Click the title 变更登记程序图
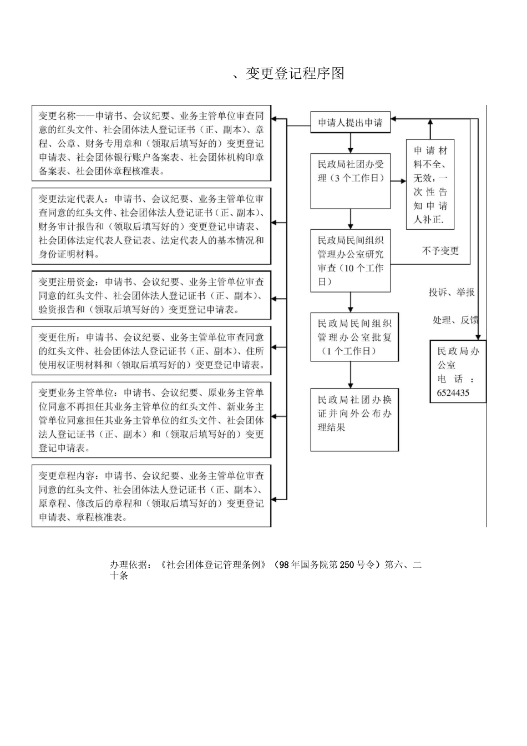pos(295,73)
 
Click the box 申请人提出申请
pos(350,123)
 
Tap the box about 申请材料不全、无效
pos(430,185)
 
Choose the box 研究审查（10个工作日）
pos(351,261)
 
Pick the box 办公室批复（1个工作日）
pos(354,337)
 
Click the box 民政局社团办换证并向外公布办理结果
pos(354,419)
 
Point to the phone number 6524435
pos(453,392)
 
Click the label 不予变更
pos(440,251)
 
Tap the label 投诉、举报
pos(451,292)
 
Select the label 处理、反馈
pos(455,320)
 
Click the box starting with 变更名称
pos(151,144)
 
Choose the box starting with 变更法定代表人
pos(151,226)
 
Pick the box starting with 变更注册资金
pos(151,295)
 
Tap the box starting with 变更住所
pos(151,351)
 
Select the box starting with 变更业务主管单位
pos(151,420)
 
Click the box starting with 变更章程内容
pos(151,496)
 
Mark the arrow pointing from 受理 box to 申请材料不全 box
pos(398,180)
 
